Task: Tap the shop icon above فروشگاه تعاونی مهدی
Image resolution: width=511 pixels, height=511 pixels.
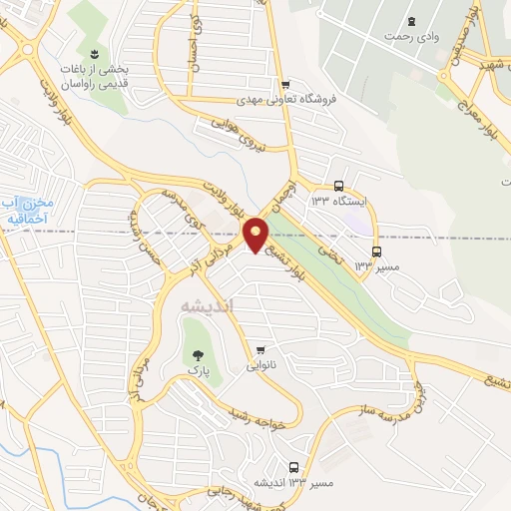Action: tap(286, 85)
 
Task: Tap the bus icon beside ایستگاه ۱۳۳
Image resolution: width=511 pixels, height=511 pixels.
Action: tap(339, 186)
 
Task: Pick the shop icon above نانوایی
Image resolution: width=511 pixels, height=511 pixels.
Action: tap(260, 349)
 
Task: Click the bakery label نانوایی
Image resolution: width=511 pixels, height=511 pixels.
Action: tap(261, 365)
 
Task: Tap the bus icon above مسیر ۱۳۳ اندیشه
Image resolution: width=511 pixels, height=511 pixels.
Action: tap(293, 467)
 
